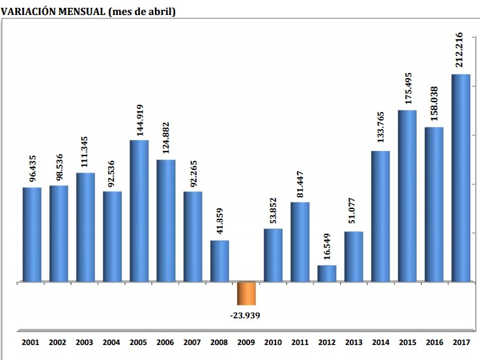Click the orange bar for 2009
pyautogui.click(x=246, y=294)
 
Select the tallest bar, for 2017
pyautogui.click(x=461, y=178)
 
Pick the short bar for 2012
pyautogui.click(x=327, y=273)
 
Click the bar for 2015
pyautogui.click(x=408, y=196)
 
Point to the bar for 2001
pyautogui.click(x=32, y=234)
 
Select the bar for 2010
pyautogui.click(x=274, y=255)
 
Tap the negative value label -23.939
pyautogui.click(x=246, y=316)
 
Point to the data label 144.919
pyautogui.click(x=138, y=115)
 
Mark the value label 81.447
pyautogui.click(x=299, y=177)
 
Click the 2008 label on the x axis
pyautogui.click(x=219, y=341)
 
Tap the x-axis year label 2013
pyautogui.click(x=354, y=341)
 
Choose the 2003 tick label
pyautogui.click(x=85, y=341)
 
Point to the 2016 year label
pyautogui.click(x=434, y=341)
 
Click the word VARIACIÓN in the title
pyautogui.click(x=28, y=11)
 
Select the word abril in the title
pyautogui.click(x=160, y=11)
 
